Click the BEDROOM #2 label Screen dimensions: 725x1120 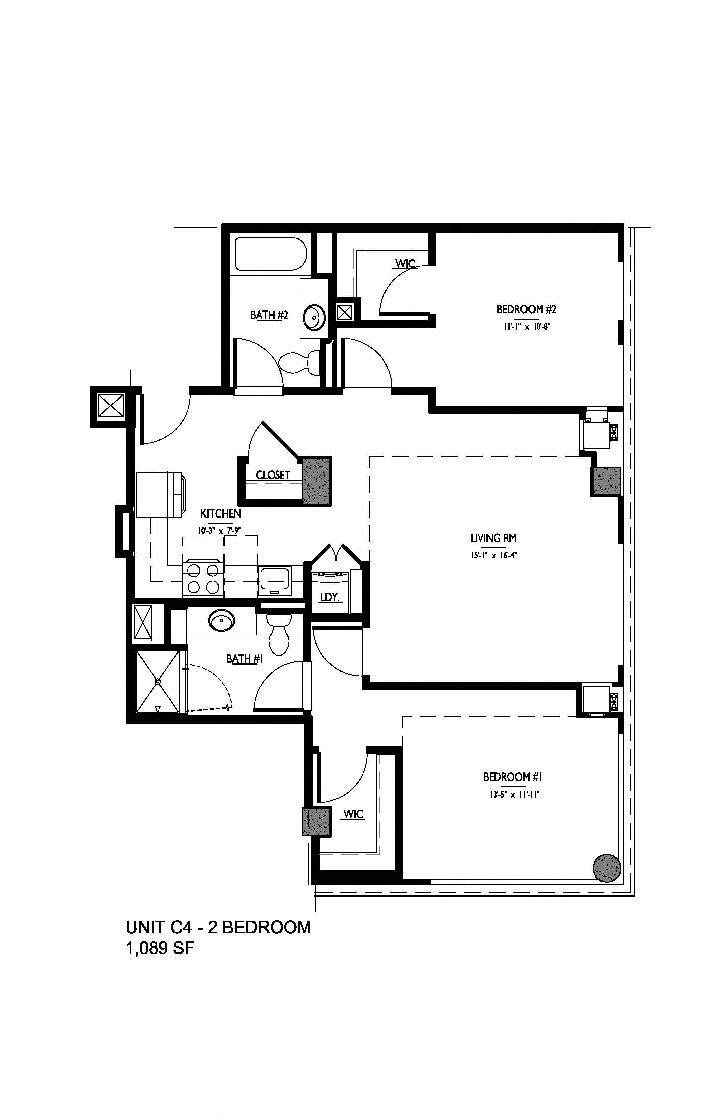(526, 309)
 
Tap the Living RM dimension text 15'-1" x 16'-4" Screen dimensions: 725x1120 (493, 555)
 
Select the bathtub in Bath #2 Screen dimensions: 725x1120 (271, 253)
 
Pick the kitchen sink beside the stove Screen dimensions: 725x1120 (275, 581)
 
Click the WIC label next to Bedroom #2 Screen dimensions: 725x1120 (405, 264)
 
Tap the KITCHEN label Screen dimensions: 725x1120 (221, 514)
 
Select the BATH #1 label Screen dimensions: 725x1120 (244, 658)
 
